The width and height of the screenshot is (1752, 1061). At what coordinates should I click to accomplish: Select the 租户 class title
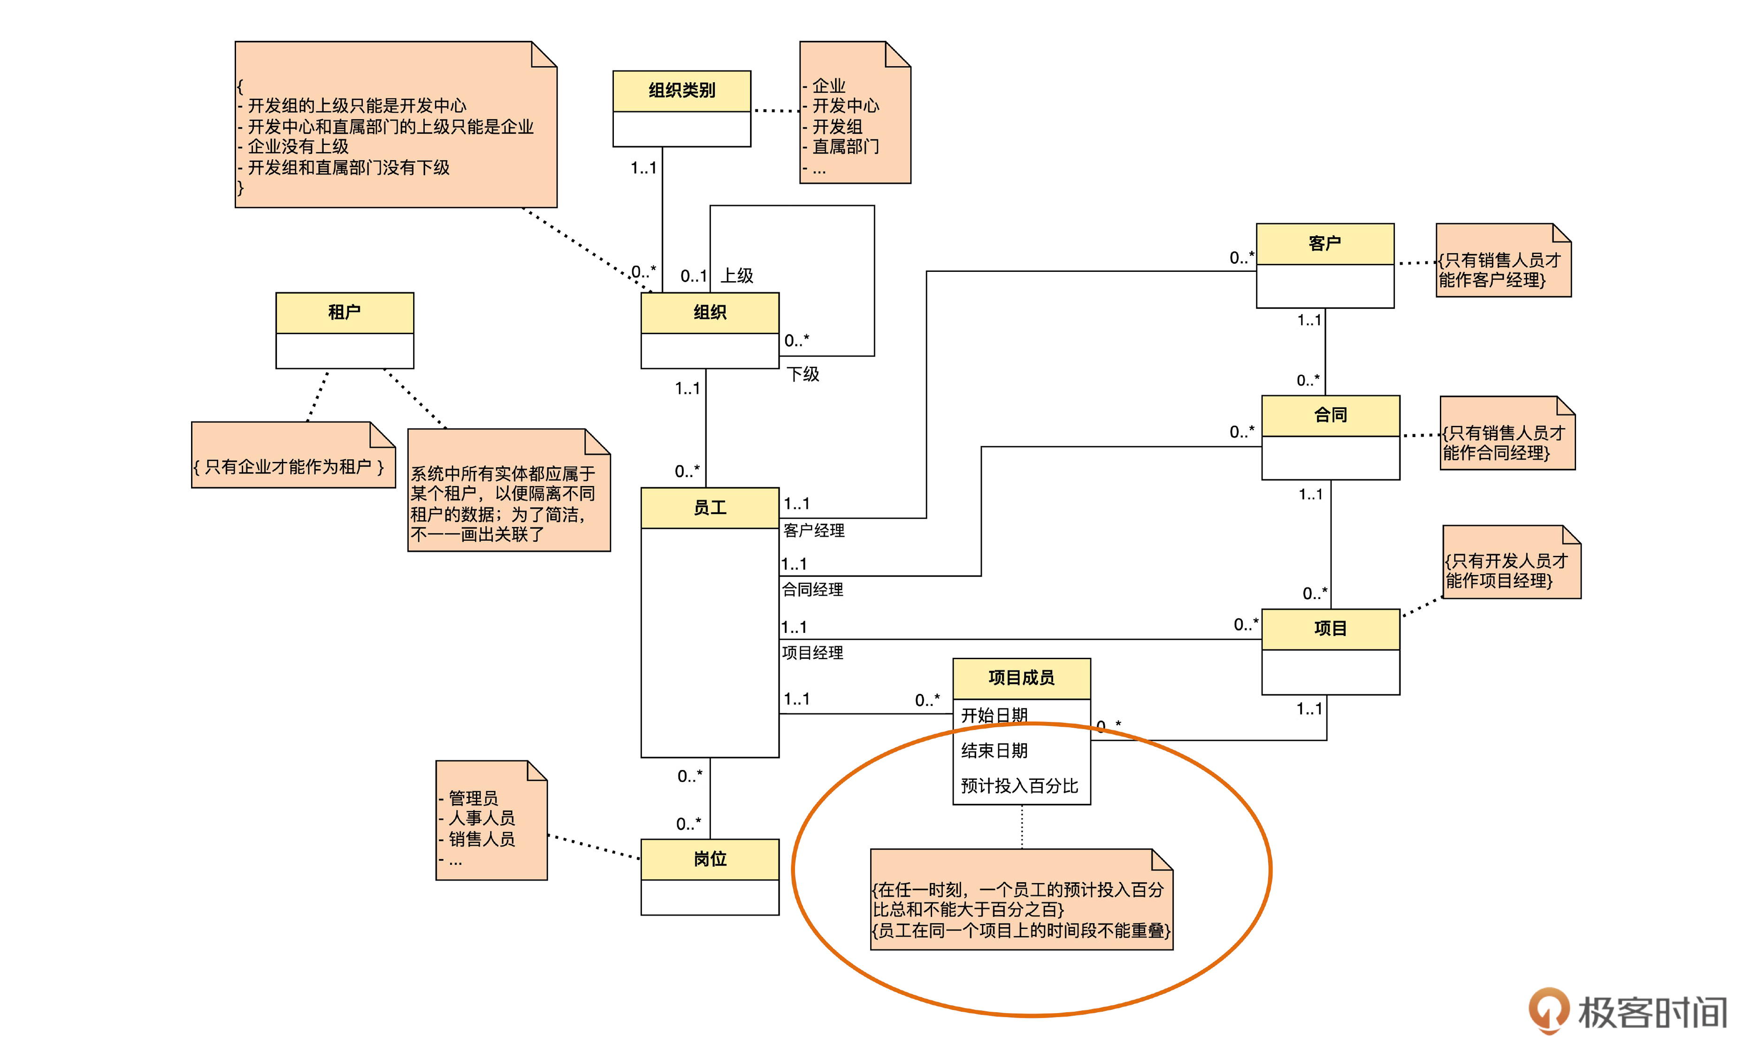pos(344,312)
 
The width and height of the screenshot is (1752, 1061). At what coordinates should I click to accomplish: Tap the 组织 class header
pos(710,312)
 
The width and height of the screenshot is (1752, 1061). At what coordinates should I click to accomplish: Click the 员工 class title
pos(710,508)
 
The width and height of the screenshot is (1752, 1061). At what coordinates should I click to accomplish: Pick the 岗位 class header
pos(710,859)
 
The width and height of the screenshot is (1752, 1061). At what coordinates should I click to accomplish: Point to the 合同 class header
pos(1331,415)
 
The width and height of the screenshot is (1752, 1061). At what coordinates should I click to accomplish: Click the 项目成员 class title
pos(1021,678)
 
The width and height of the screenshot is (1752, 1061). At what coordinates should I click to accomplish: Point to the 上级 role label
pos(737,276)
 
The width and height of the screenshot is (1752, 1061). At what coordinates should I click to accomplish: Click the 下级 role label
pos(803,375)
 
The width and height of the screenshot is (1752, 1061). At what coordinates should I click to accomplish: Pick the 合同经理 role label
pos(813,590)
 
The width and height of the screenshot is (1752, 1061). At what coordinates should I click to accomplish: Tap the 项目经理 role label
pos(813,653)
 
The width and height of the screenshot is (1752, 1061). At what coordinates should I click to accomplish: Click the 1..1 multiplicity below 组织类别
pos(643,169)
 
